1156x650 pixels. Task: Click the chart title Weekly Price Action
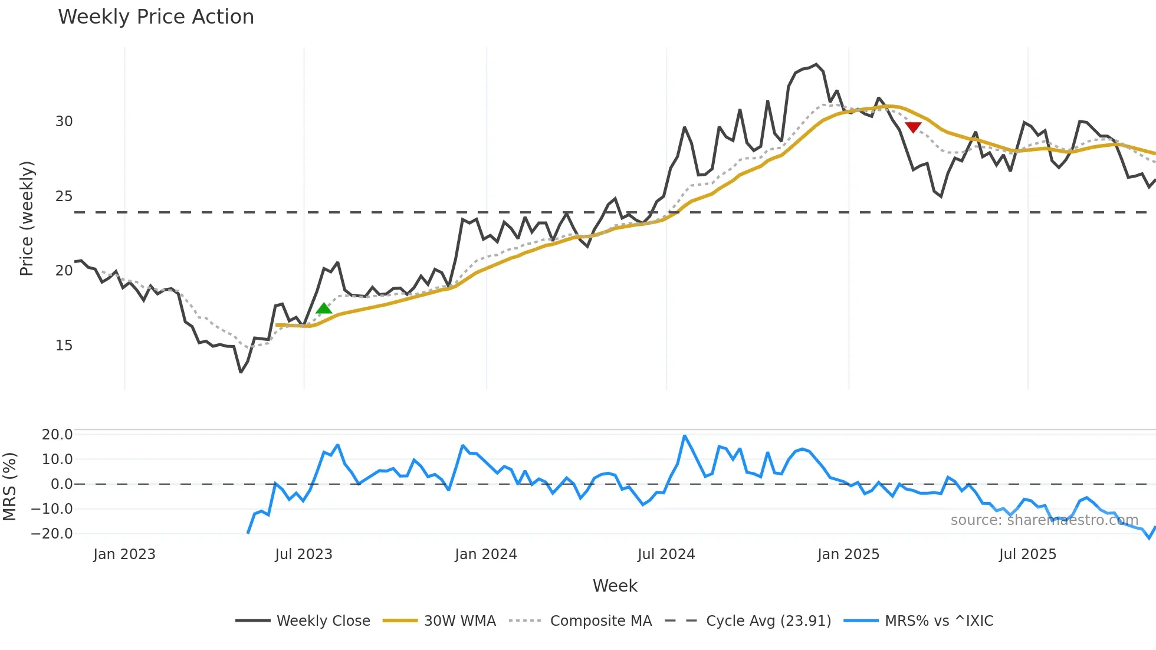tap(156, 17)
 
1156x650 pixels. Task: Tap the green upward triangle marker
tap(324, 308)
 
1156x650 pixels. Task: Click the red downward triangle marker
tap(913, 127)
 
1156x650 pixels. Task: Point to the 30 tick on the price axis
tap(64, 122)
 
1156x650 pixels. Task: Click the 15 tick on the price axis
tap(64, 346)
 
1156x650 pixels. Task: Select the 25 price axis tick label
tap(64, 196)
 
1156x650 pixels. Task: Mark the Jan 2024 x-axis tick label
tap(486, 554)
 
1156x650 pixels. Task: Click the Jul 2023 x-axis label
tap(304, 554)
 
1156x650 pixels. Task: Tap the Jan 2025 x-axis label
tap(848, 554)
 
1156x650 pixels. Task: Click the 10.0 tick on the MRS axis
tap(57, 459)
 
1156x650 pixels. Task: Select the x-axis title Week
tap(615, 586)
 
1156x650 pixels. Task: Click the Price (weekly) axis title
tap(27, 218)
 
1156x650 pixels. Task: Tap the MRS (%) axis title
tap(9, 487)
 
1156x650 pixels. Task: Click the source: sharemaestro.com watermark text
tap(1044, 520)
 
